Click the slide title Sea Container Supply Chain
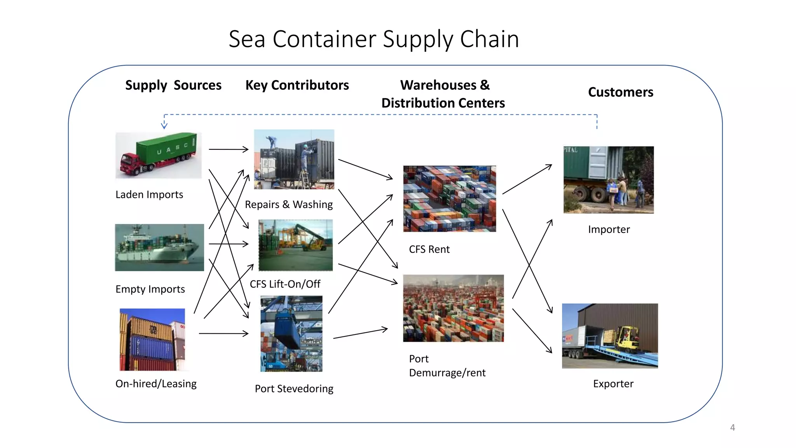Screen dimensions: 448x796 click(374, 39)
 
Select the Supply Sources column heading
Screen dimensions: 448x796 click(173, 85)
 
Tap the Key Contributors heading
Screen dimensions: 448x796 click(297, 85)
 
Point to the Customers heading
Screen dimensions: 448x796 click(620, 92)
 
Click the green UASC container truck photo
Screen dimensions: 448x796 click(159, 155)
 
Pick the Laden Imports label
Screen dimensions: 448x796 click(149, 194)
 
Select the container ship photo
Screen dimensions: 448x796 click(159, 247)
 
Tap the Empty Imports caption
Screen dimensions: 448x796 click(150, 289)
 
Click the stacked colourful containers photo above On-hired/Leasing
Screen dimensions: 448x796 click(152, 339)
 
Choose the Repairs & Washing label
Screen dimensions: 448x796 click(289, 205)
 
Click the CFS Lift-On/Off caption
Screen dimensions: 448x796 click(285, 284)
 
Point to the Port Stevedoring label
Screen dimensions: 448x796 click(294, 388)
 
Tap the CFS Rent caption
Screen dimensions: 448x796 click(429, 249)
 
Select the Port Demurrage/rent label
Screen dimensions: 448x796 click(447, 366)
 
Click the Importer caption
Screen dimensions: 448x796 click(609, 229)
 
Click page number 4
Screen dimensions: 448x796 click(732, 427)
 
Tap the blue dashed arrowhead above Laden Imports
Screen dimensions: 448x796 click(164, 125)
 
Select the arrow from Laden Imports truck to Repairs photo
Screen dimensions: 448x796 click(229, 149)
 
